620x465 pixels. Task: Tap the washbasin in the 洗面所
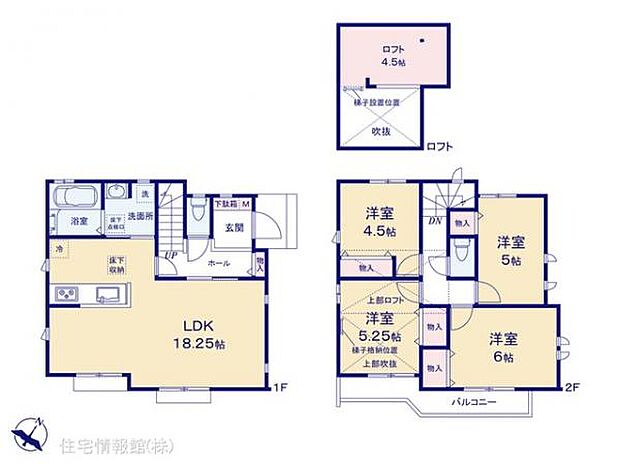click(x=116, y=194)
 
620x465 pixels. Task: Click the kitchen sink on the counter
click(x=109, y=294)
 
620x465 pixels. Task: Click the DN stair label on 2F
click(x=434, y=221)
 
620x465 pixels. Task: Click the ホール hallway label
click(x=218, y=263)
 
